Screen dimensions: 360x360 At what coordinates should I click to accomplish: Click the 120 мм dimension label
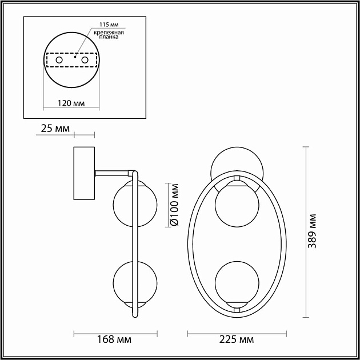point(71,103)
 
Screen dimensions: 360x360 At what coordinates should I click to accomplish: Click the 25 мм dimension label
point(55,130)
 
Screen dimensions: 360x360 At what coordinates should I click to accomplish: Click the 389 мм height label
point(312,231)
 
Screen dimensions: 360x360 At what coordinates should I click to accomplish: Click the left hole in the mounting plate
point(58,59)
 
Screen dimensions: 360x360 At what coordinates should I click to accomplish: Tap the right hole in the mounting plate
point(85,59)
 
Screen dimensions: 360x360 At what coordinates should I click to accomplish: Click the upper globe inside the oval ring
point(237,205)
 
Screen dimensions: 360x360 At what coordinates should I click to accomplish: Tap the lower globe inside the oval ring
point(237,282)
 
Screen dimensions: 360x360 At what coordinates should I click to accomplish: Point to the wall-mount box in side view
point(84,174)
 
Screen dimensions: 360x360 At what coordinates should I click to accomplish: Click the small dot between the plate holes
point(75,57)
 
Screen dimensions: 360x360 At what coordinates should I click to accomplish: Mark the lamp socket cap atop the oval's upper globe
point(237,181)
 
